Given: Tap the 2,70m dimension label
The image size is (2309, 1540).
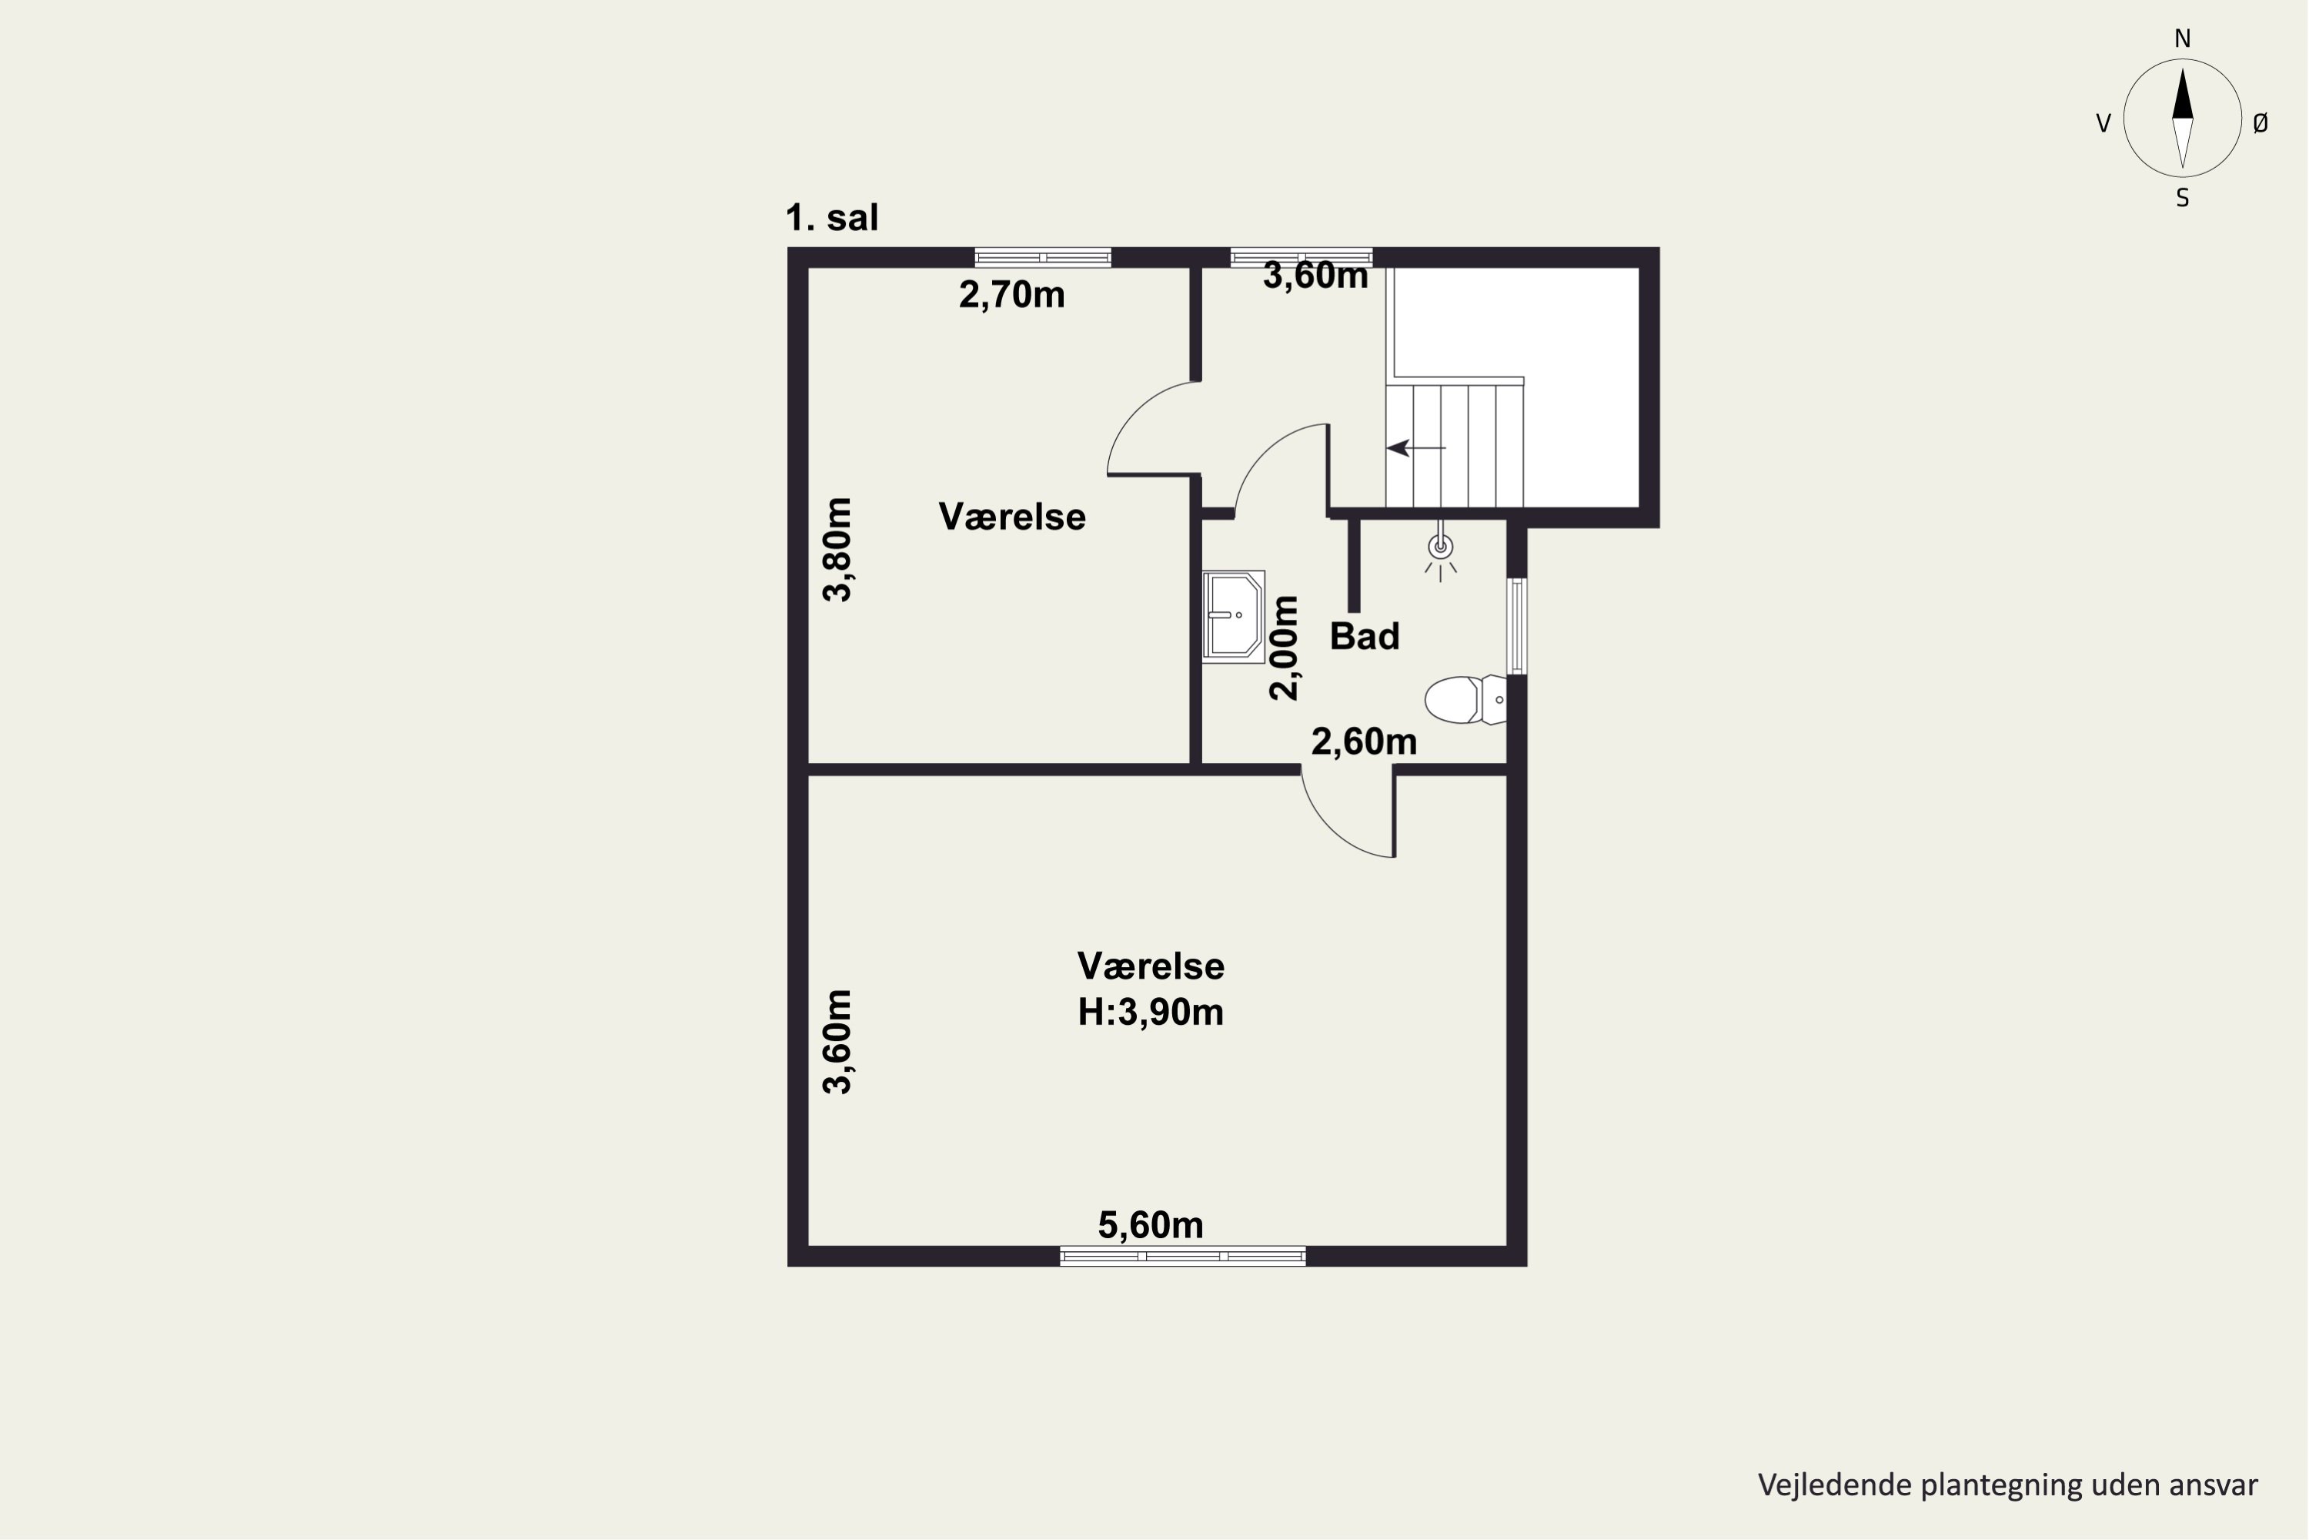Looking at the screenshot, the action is [1011, 295].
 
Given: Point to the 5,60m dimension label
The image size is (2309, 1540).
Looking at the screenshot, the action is [1151, 1225].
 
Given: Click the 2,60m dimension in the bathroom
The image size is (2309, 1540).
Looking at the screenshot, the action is [1364, 742].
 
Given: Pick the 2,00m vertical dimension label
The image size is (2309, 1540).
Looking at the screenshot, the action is [1283, 648].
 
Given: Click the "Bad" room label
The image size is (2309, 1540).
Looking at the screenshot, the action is [1365, 637].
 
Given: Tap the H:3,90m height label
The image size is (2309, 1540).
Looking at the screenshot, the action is [1151, 1012].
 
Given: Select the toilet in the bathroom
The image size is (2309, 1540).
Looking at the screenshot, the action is [1465, 699].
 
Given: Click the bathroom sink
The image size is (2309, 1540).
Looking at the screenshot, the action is [1233, 616].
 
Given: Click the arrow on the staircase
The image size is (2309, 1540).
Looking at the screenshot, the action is [1415, 448].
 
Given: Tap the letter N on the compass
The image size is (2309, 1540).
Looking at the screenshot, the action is [2182, 38].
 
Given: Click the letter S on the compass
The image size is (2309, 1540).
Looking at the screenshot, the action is [2182, 199].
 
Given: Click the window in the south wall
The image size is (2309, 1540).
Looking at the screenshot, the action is [1183, 1256].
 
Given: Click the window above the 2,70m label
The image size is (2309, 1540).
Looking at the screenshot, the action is [1043, 257].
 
